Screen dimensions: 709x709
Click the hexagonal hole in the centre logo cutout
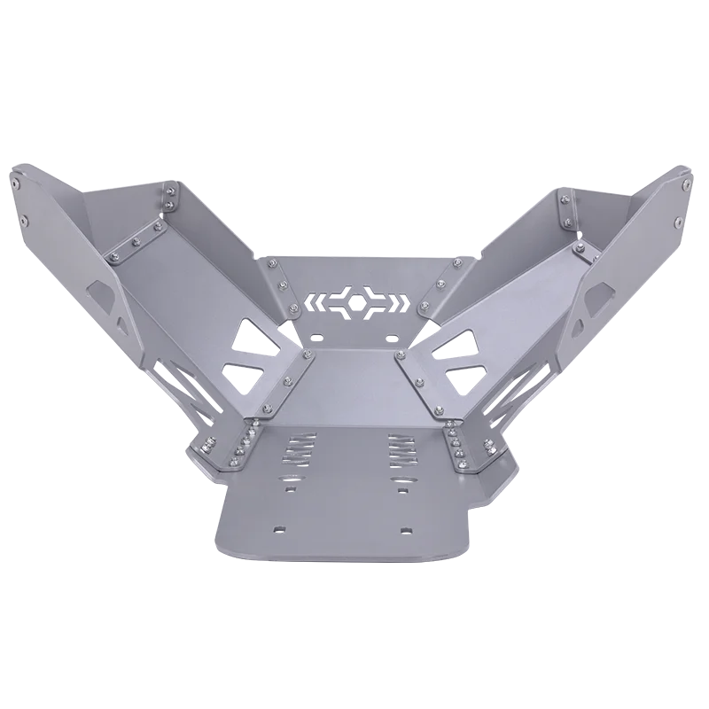click(x=356, y=300)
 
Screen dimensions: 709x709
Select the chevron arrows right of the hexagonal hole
click(x=398, y=300)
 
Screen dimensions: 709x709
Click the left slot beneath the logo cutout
click(x=316, y=338)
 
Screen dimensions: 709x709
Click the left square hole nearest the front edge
click(x=280, y=529)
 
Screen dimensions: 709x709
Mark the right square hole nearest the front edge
click(x=406, y=530)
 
